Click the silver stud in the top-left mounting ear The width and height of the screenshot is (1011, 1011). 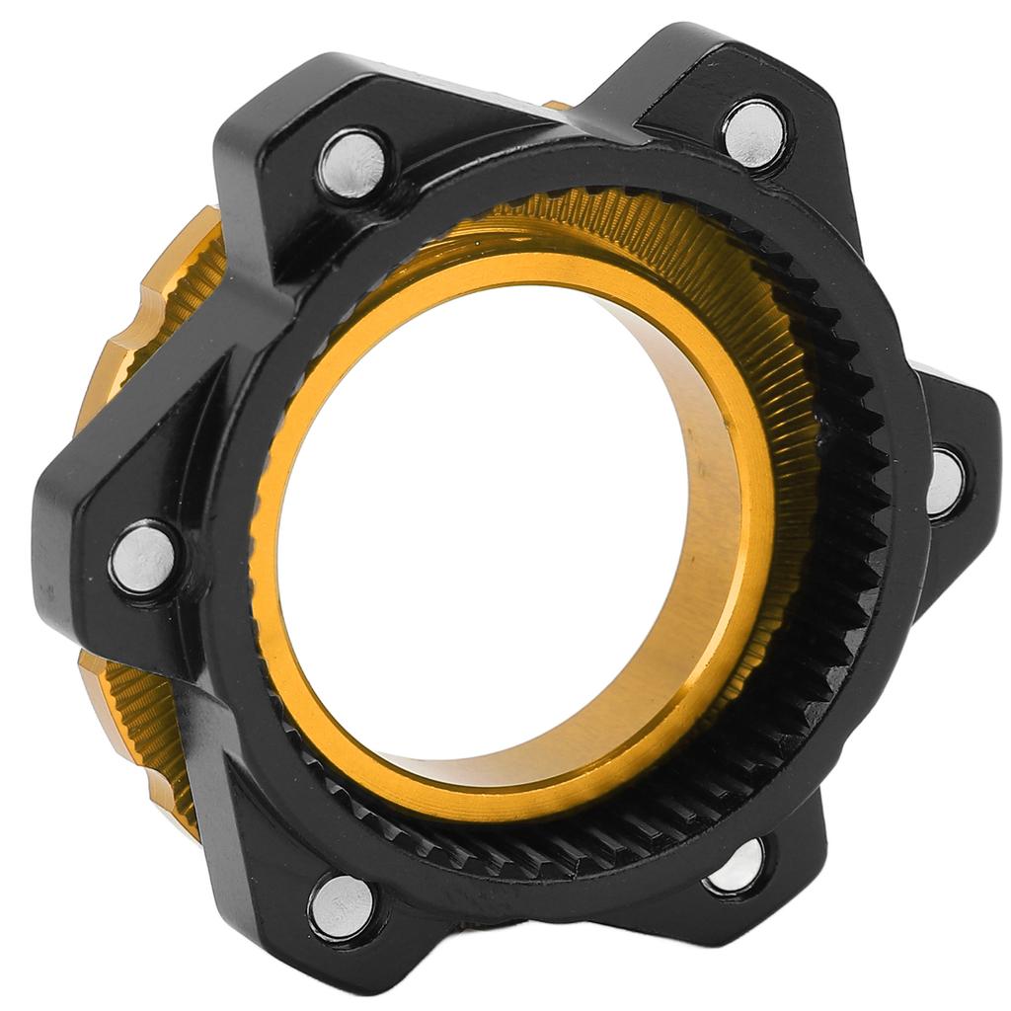351,165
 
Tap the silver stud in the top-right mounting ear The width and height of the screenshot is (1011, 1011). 755,133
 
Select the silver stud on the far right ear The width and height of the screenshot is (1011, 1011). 945,483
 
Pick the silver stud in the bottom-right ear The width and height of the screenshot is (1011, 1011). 737,866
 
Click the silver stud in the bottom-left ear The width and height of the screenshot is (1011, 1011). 343,905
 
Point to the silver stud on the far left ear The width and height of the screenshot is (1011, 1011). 144,560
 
